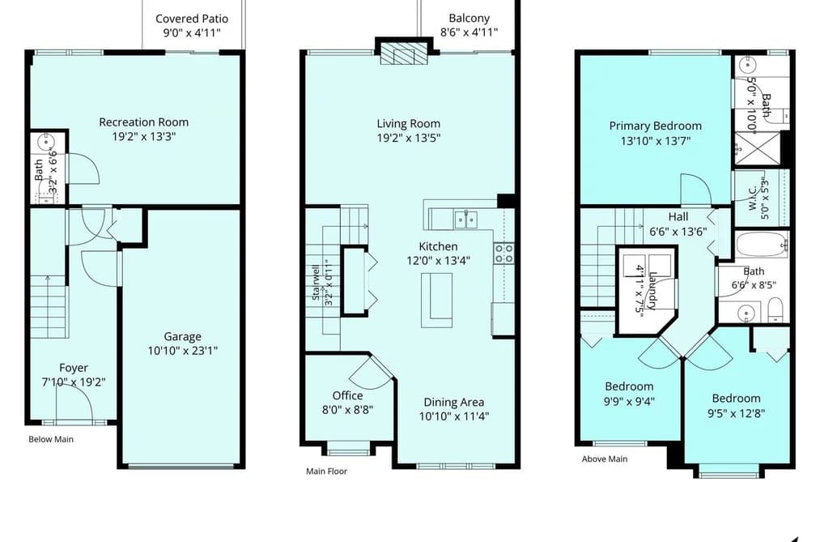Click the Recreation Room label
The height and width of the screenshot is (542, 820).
(144, 122)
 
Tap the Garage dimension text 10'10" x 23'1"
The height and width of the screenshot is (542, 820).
(182, 351)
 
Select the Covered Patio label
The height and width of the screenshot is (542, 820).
(192, 19)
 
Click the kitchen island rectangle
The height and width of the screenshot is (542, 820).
(436, 300)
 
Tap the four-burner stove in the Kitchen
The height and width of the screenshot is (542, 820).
(504, 254)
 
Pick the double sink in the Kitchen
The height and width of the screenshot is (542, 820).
(465, 220)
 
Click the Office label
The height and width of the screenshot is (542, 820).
(348, 395)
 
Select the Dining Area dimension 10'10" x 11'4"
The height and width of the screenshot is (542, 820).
(454, 416)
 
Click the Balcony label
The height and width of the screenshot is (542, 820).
(469, 19)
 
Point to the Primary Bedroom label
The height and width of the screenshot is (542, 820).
(655, 126)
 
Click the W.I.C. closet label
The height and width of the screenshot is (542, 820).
(753, 198)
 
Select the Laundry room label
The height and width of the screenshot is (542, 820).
(653, 291)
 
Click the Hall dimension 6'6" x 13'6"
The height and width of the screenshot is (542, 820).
(678, 231)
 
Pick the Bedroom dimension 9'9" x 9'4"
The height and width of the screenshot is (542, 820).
(629, 402)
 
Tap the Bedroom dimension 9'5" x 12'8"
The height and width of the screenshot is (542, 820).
(737, 413)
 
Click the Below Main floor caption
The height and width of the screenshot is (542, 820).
(51, 439)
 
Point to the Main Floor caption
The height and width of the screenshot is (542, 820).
(326, 472)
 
